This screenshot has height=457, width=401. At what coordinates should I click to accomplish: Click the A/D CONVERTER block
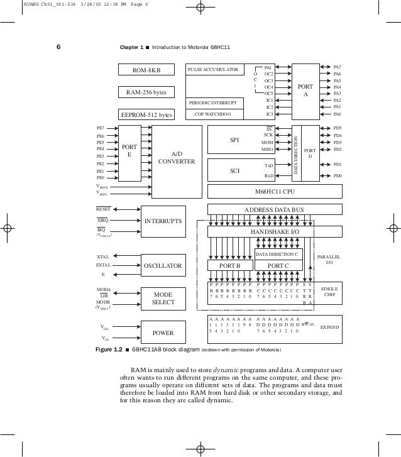[x=177, y=157]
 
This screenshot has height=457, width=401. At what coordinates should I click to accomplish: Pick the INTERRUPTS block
[x=163, y=221]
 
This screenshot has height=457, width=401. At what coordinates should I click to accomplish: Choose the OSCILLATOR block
[x=163, y=266]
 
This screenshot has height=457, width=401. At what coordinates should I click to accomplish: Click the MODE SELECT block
[x=163, y=299]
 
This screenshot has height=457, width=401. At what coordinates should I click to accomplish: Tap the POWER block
[x=163, y=333]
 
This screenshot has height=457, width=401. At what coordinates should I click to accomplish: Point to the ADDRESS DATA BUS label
[x=274, y=209]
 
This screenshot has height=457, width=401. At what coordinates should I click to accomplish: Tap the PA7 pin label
[x=338, y=67]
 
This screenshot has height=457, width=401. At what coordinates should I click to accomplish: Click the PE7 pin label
[x=100, y=128]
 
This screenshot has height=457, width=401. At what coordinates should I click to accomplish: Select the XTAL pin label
[x=103, y=257]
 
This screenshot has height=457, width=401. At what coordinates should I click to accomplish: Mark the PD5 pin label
[x=338, y=128]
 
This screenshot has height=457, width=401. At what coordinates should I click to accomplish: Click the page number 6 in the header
[x=58, y=47]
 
